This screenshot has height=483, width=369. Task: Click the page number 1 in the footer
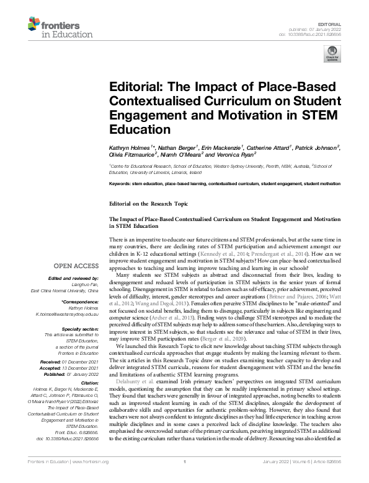pyautogui.click(x=184, y=478)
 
